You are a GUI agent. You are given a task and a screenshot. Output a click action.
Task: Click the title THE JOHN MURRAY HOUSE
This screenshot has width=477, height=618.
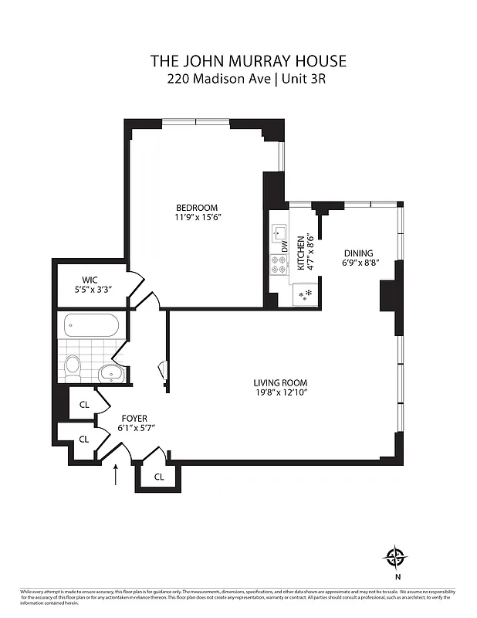coord(238,61)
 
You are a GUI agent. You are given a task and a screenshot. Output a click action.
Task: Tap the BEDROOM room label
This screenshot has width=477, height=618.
coord(197,207)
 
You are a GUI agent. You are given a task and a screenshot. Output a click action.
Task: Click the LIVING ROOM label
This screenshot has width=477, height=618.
coord(281,382)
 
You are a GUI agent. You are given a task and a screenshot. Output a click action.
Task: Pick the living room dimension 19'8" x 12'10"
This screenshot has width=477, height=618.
coord(281,392)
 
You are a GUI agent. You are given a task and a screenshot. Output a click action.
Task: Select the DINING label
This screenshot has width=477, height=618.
coord(357,253)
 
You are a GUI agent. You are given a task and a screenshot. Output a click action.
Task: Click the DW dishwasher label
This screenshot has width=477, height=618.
coord(284,247)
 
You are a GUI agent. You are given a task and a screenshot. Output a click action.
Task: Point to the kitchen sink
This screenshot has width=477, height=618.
coord(277,232)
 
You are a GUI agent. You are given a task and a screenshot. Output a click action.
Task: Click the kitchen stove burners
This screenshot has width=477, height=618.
coord(277,266)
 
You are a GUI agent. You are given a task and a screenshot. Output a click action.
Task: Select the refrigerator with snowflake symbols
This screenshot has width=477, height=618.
coord(306,295)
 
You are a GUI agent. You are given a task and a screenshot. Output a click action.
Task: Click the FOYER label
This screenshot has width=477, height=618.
coord(133,418)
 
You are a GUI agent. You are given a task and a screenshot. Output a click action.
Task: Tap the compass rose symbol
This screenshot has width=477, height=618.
coord(395,556)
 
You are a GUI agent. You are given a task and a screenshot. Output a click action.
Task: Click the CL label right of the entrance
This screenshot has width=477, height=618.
coord(158,477)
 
